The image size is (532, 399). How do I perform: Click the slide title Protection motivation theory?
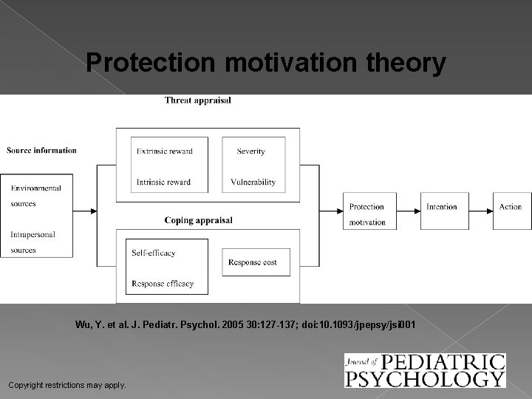266,64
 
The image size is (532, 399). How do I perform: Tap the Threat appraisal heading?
197,100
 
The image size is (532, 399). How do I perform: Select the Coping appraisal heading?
198,219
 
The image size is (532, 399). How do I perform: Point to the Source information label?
41,151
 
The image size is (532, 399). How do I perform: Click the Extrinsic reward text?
164,151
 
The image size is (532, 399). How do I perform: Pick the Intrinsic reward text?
163,182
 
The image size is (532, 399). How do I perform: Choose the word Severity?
250,151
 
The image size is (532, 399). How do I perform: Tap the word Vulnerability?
253,182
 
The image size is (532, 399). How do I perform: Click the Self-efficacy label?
154,253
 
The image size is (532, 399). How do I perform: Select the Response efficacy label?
163,283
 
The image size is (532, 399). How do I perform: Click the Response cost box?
256,262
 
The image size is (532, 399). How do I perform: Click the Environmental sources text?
35,196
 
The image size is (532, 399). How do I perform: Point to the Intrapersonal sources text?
33,242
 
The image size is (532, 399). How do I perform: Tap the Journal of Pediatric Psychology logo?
424,370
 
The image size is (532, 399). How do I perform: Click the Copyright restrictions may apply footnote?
66,385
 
